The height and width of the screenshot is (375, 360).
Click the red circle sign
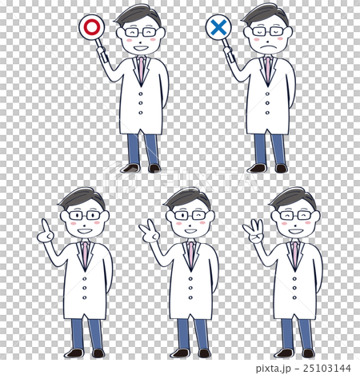92,28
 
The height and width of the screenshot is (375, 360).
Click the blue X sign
218,28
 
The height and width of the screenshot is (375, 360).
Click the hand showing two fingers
149,233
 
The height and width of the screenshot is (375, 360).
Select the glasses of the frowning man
267,32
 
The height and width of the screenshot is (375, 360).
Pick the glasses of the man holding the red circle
141,32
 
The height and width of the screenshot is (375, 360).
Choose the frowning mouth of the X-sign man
268,47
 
